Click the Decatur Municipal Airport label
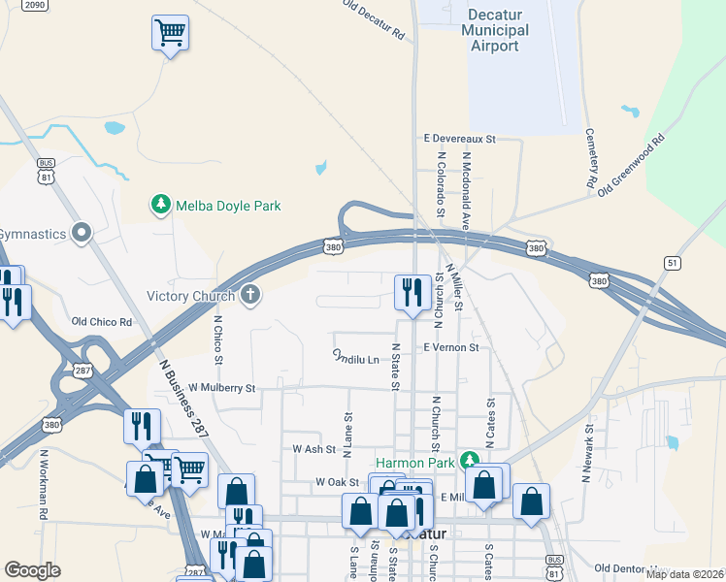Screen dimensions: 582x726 click(498, 30)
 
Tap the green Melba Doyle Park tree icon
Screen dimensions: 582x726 click(159, 205)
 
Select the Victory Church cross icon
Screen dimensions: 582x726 click(250, 295)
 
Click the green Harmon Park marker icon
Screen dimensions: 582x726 click(470, 458)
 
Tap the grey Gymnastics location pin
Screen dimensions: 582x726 click(82, 234)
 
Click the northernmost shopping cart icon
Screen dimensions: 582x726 click(170, 33)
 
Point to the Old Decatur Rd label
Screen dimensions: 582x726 click(374, 19)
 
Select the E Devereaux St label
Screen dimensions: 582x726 click(457, 140)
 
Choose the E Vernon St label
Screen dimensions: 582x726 click(450, 347)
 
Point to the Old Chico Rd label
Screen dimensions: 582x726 click(102, 321)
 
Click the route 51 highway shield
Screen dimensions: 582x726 click(672, 263)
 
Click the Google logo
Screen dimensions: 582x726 click(32, 569)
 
